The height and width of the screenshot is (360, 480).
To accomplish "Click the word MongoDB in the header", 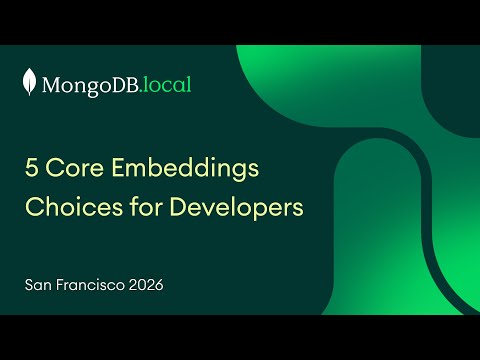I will point(91,85).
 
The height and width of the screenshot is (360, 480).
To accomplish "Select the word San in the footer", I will point(41,285).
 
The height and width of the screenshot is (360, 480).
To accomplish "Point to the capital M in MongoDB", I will point(51,85).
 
